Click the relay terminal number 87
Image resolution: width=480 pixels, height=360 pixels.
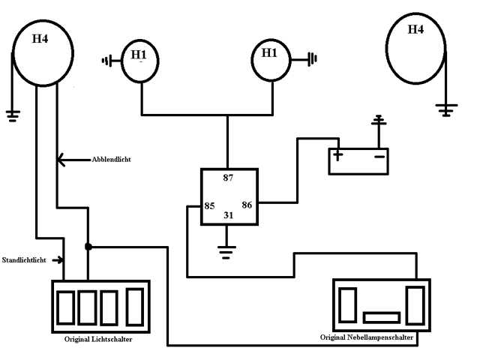pos(228,178)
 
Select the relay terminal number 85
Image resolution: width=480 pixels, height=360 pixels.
pos(209,205)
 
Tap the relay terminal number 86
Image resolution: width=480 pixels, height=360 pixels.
pos(247,205)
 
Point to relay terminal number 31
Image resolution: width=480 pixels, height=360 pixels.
pos(228,215)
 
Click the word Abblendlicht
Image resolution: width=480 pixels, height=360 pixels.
pos(112,160)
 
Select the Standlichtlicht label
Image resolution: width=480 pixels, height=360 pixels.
pos(24,260)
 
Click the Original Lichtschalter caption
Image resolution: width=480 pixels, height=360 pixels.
pos(98,339)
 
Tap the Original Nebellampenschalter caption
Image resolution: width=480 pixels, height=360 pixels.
pos(367,337)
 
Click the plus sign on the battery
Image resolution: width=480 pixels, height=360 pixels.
pos(338,155)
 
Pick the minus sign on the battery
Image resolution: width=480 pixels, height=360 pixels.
pos(379,157)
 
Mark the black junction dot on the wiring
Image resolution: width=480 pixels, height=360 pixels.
pos(88,247)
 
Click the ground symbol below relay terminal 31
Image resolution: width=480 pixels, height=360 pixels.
pos(226,252)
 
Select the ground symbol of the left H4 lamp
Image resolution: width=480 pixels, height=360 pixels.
pos(13,115)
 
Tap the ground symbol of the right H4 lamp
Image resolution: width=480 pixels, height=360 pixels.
pos(447,110)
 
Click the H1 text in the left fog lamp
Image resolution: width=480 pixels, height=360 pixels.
pos(139,55)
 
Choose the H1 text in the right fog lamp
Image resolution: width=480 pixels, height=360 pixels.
pos(269,53)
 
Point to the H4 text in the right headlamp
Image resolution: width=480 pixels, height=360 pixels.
pos(415,29)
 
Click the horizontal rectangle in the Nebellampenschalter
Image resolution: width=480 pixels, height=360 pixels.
pos(382,318)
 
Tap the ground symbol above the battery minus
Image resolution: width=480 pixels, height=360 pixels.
pos(379,121)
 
